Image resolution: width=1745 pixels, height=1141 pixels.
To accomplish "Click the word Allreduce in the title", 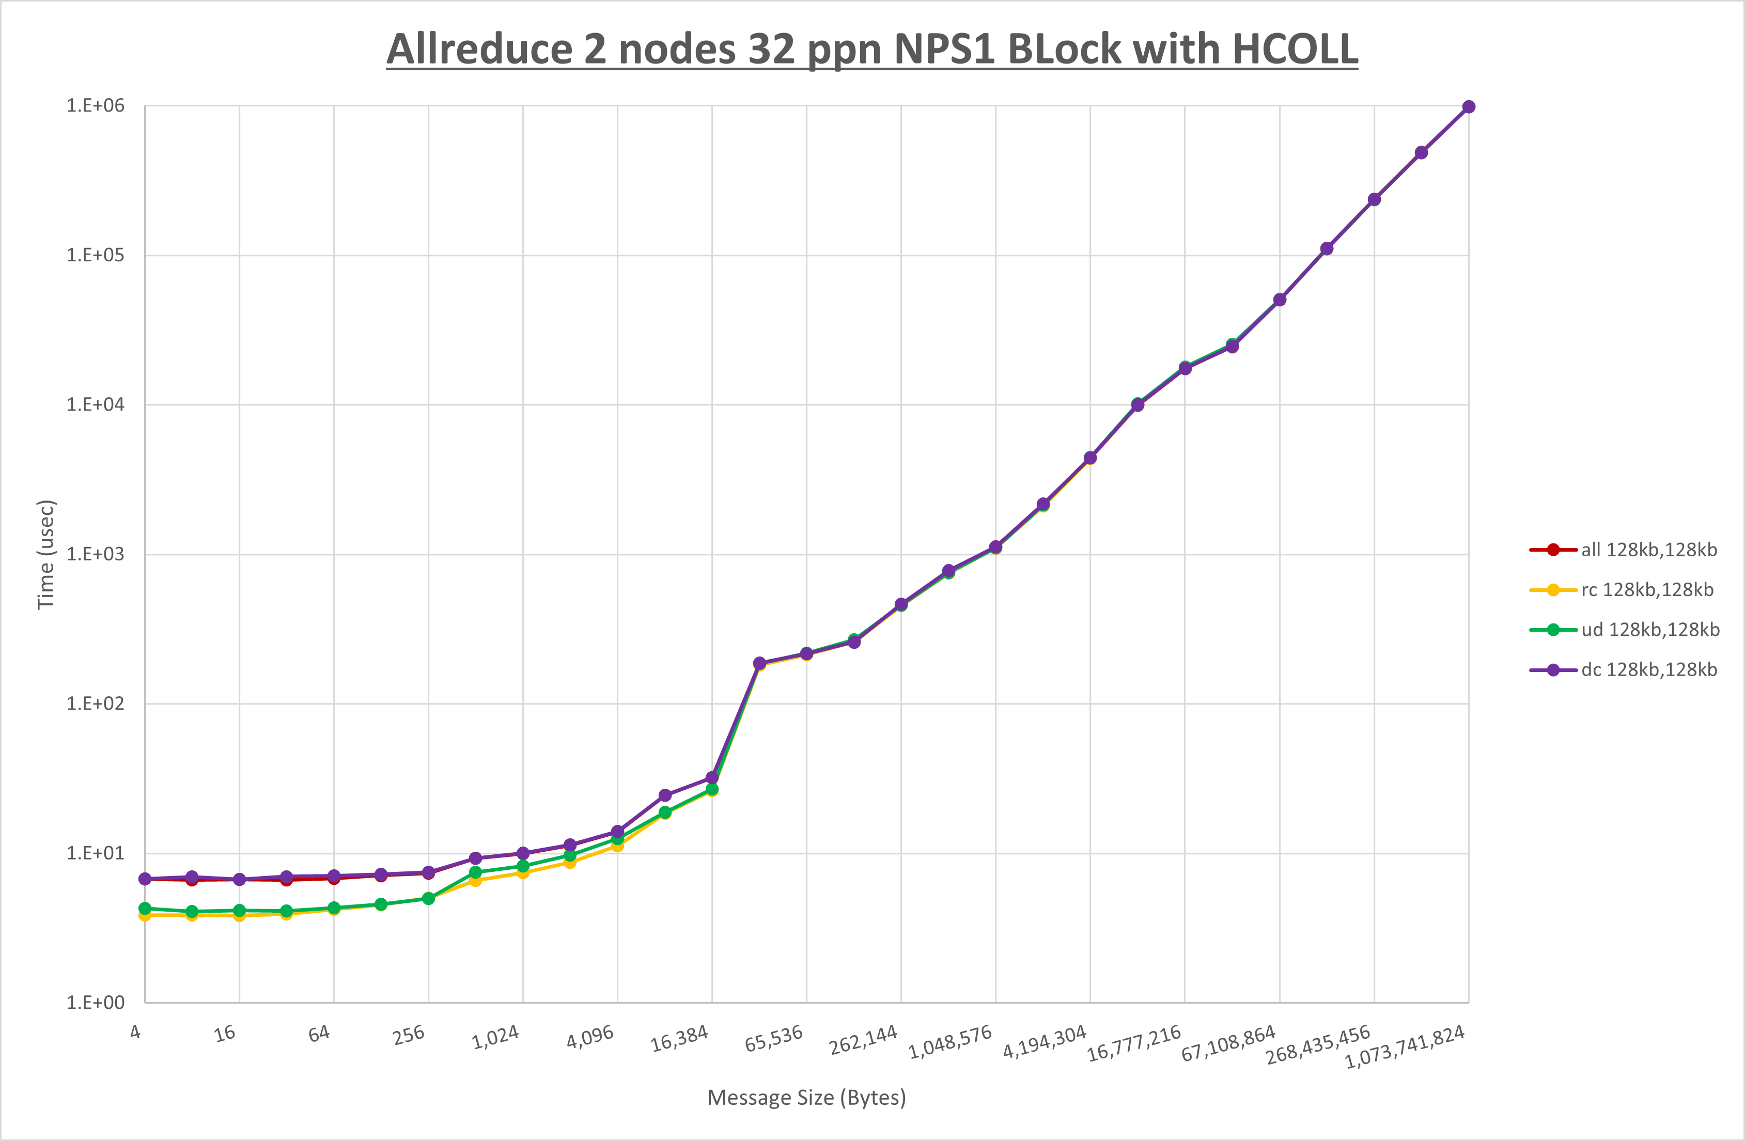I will [478, 49].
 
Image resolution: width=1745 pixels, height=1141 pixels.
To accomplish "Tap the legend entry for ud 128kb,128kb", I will [1649, 630].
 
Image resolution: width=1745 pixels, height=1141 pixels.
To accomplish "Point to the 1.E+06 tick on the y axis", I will [96, 105].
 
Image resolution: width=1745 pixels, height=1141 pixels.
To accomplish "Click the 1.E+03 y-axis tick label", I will [96, 554].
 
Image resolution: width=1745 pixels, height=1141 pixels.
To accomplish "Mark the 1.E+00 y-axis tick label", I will [96, 1003].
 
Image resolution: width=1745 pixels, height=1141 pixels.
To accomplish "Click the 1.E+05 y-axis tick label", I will [96, 255].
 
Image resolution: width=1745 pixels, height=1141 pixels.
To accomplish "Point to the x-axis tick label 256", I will [409, 1035].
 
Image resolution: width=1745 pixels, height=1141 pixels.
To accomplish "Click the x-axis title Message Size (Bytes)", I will [806, 1098].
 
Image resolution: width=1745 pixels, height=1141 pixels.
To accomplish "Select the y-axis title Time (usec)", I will [45, 554].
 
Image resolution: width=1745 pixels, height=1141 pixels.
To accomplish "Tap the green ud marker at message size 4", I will [145, 908].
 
